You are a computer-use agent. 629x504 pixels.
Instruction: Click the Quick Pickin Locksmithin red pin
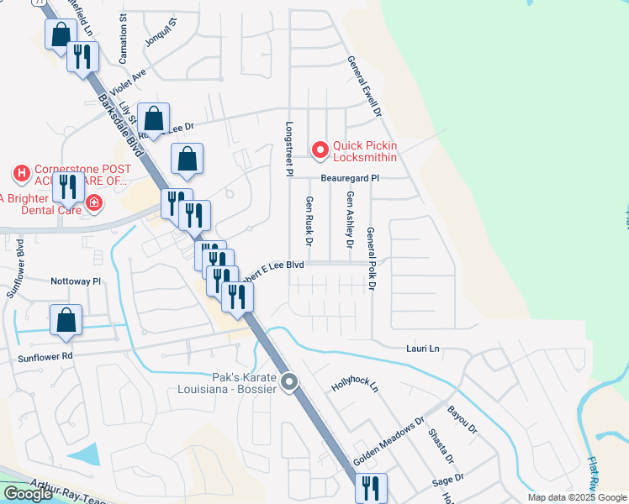point(320,150)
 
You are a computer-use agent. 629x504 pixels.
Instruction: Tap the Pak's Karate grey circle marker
point(290,383)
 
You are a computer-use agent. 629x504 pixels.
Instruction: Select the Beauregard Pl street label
point(349,178)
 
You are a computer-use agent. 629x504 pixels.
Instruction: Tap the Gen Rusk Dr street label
point(309,221)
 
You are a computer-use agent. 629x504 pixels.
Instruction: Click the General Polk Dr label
point(370,260)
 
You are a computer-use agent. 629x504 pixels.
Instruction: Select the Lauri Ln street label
point(423,348)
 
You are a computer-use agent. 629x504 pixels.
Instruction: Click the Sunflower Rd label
point(45,356)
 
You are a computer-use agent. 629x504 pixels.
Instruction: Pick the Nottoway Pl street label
point(76,281)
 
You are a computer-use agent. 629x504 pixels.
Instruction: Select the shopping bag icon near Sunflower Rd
point(66,321)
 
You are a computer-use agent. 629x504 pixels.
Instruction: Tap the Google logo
point(27,494)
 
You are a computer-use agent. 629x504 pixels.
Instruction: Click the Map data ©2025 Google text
point(576,497)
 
